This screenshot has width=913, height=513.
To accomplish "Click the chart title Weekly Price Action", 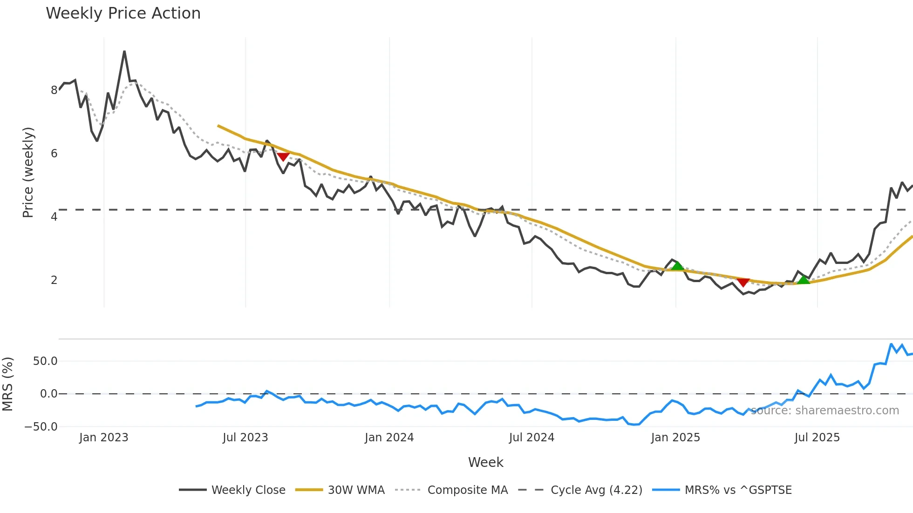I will [x=123, y=13].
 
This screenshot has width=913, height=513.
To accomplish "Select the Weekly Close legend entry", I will [x=248, y=490].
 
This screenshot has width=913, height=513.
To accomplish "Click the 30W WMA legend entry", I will [x=356, y=490].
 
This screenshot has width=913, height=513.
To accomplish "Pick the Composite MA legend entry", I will [x=467, y=490].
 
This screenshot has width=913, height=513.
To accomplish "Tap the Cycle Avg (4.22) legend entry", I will [x=596, y=490].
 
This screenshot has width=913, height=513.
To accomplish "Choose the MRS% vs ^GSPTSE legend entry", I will [x=738, y=490].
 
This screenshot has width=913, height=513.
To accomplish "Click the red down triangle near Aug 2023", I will [x=283, y=157].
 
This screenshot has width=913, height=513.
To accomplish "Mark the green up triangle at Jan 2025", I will [x=677, y=266].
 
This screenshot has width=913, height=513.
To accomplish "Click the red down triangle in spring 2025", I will [x=743, y=282].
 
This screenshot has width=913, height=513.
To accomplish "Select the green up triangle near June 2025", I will [x=804, y=280].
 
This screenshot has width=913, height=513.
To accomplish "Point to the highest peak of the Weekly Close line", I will [x=124, y=52].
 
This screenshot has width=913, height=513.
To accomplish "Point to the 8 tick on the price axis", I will [x=54, y=90].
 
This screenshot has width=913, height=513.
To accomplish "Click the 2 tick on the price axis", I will [x=54, y=280].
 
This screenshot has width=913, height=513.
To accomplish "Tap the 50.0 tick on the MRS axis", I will [x=45, y=361].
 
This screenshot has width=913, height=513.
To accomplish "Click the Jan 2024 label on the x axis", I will [x=389, y=438].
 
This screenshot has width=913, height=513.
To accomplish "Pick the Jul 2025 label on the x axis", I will [x=817, y=438].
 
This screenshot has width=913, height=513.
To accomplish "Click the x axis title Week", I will [x=485, y=462].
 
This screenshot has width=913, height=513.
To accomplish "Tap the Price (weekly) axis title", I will [x=28, y=173].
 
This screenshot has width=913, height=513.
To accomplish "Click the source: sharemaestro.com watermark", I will [x=824, y=411].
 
